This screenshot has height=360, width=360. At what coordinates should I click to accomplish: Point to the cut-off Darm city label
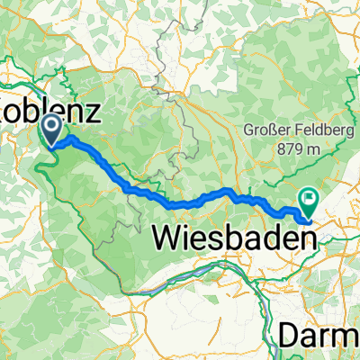tap(319, 336)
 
